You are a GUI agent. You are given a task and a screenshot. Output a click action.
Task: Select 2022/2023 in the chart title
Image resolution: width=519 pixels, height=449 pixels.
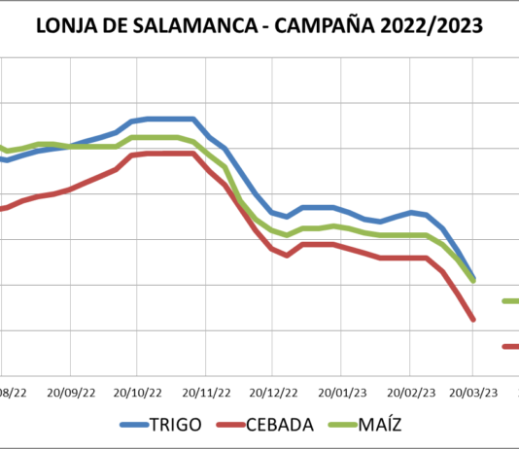(433, 25)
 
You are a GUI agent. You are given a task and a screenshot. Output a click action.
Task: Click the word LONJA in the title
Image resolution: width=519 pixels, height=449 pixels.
(67, 25)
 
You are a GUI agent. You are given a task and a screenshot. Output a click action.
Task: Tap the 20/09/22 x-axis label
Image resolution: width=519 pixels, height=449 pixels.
(71, 394)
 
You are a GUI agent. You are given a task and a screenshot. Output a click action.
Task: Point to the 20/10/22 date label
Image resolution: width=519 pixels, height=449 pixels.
(138, 394)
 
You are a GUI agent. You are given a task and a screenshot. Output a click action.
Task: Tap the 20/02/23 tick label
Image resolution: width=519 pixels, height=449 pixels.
(407, 394)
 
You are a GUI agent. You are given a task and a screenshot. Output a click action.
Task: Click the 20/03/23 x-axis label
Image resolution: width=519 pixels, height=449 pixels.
(473, 394)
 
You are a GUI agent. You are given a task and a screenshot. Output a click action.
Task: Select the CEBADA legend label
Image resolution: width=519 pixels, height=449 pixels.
(279, 425)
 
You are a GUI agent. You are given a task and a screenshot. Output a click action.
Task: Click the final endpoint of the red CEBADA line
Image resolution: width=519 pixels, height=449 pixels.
(473, 319)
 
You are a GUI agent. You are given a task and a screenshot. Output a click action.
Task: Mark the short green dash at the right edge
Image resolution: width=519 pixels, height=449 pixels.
(510, 301)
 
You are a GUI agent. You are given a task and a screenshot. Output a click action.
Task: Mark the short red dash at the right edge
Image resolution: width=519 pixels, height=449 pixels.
(510, 346)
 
